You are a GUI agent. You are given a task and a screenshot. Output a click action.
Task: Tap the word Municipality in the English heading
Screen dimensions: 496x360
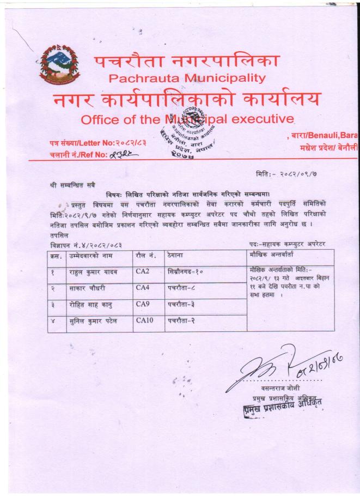pyautogui.click(x=225, y=77)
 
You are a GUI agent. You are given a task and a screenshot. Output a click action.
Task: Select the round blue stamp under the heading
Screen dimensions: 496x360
pyautogui.click(x=188, y=129)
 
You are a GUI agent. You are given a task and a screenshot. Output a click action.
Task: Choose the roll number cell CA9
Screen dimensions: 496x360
pyautogui.click(x=143, y=304)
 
